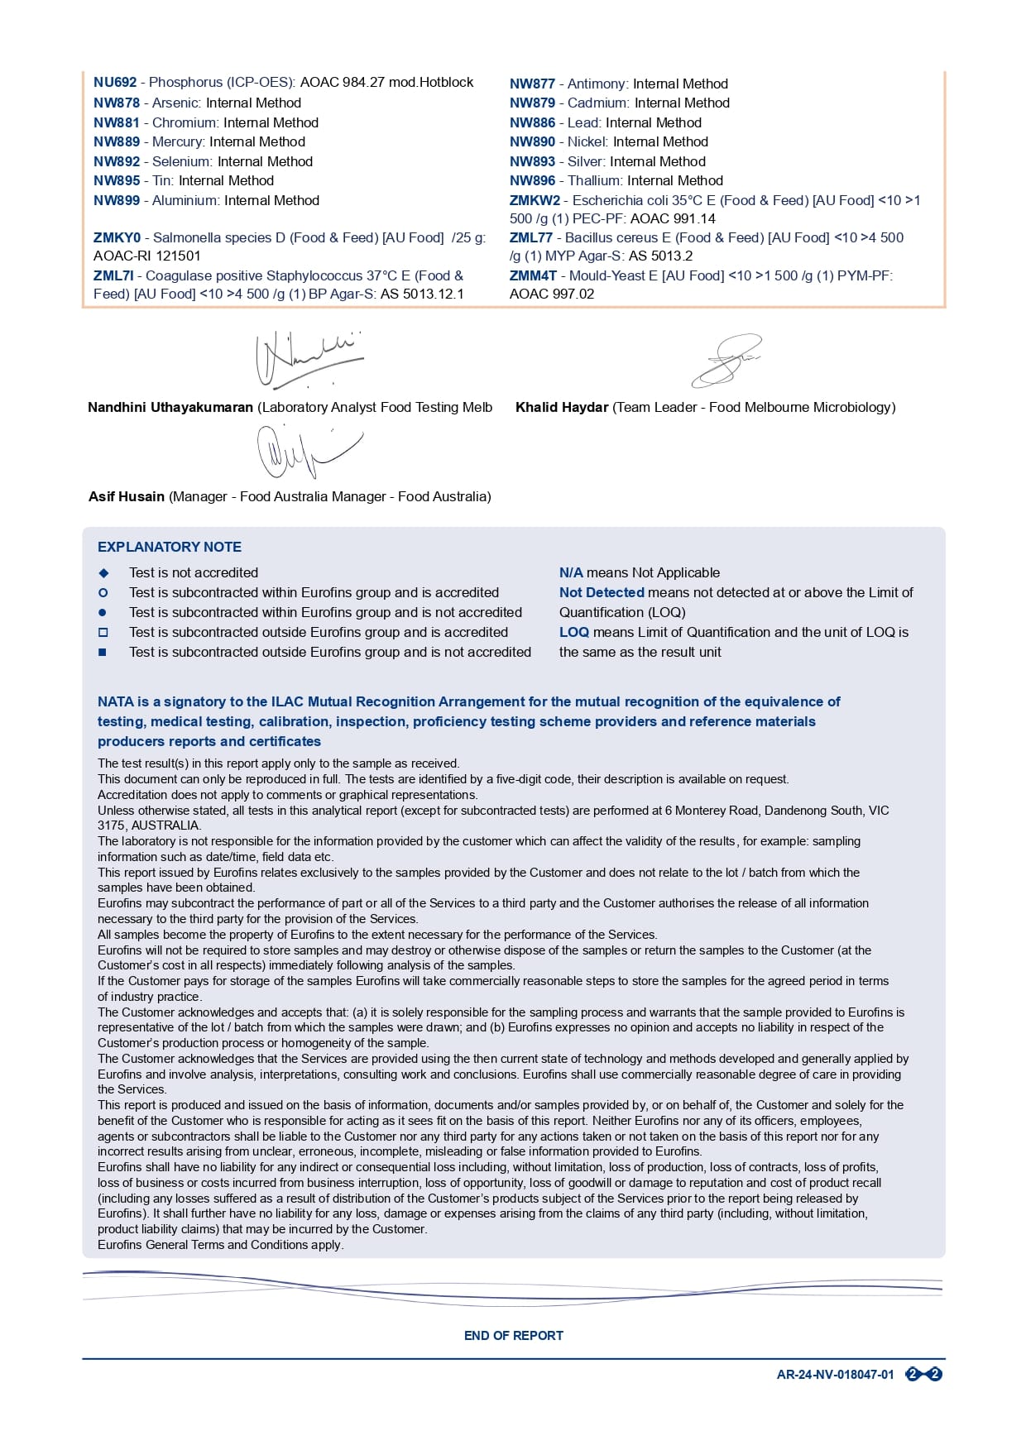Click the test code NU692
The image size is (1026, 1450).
(115, 83)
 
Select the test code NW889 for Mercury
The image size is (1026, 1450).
(117, 142)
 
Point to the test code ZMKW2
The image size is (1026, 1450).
(535, 201)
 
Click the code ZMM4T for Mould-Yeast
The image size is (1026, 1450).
(533, 276)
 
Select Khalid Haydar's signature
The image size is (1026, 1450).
(726, 360)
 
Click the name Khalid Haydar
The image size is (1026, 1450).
(562, 408)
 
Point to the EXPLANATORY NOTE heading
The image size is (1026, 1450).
(170, 548)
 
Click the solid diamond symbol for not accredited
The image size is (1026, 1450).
(103, 573)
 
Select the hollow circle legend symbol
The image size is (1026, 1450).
(103, 593)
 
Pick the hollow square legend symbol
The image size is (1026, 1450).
(103, 633)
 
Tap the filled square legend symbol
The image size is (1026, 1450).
(103, 653)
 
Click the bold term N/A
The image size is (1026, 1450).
(571, 573)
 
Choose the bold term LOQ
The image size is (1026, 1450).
(574, 633)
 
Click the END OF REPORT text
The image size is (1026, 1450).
(514, 1336)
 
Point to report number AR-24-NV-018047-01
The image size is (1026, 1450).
(835, 1375)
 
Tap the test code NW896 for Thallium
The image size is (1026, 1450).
(532, 181)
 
